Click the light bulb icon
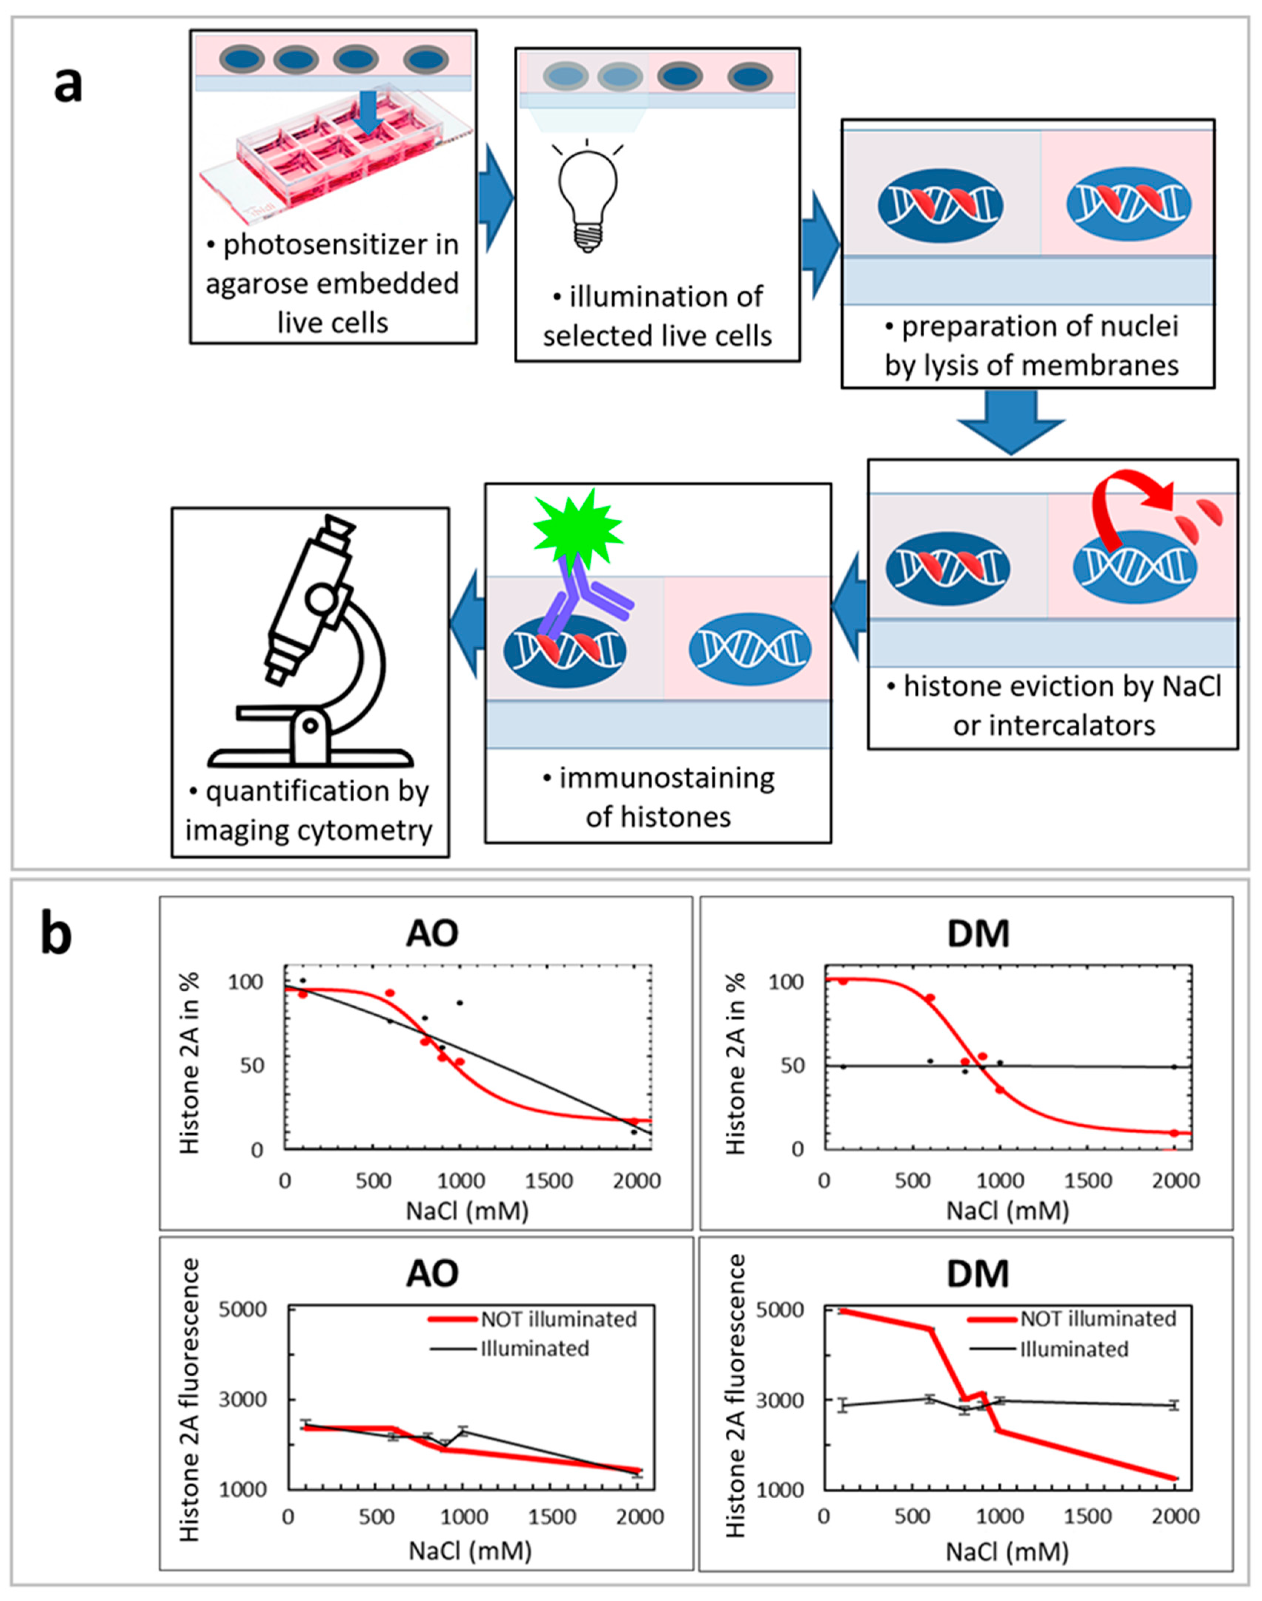pos(587,198)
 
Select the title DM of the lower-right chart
pos(977,1274)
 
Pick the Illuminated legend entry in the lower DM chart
pos(1074,1349)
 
